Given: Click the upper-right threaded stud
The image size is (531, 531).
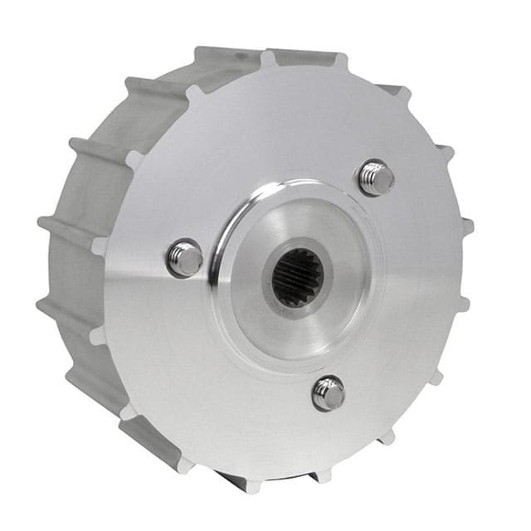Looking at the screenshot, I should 376,178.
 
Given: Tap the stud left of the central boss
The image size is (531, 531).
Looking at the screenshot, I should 184,258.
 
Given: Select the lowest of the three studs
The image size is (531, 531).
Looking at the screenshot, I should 329,393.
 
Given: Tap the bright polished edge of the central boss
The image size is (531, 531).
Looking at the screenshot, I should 222,249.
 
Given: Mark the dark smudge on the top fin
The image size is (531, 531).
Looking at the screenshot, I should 241,56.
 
